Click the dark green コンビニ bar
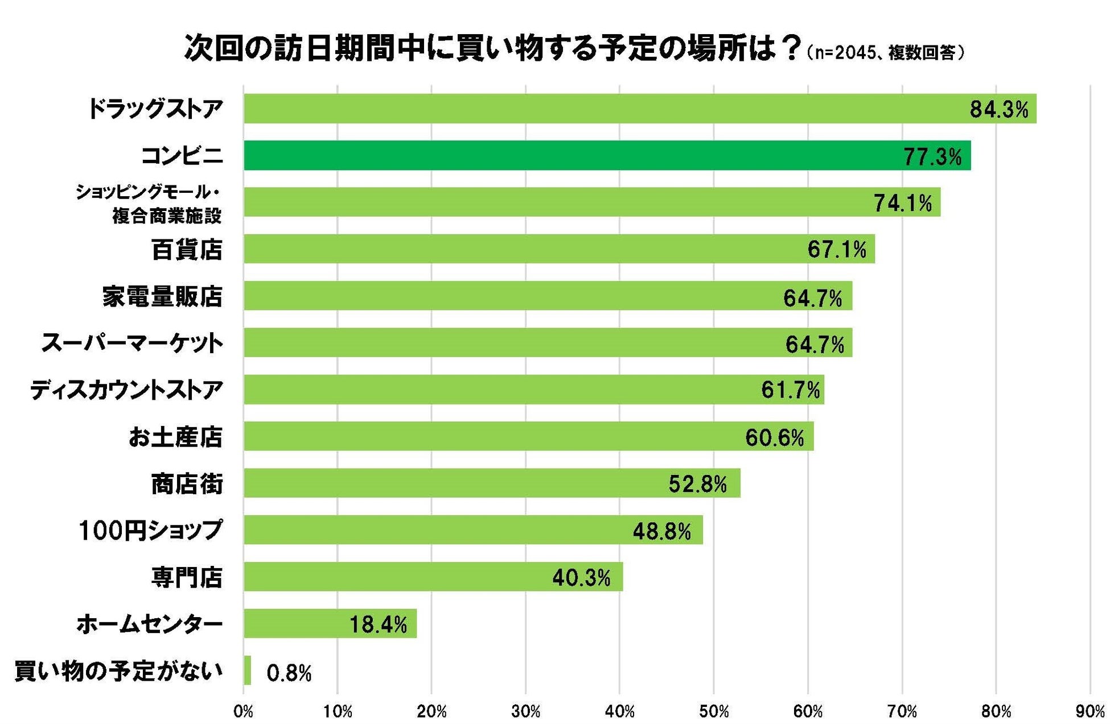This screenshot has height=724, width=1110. pos(607,155)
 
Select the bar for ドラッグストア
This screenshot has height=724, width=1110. pos(640,109)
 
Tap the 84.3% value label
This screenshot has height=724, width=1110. pos(998,109)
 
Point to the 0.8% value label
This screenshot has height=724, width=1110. pos(289,673)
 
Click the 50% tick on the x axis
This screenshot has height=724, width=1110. pos(714,711)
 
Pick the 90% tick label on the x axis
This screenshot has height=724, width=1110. pos(1090,711)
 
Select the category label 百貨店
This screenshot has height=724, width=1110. pos(187,250)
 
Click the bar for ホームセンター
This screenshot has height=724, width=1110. pos(330,623)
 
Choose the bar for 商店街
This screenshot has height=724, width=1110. pos(492,483)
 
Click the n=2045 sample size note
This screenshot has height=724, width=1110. pos(844,53)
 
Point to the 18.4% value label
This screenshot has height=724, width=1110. pos(378,625)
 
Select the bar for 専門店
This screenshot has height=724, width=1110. pos(433,577)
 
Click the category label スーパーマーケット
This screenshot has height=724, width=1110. pos(132,344)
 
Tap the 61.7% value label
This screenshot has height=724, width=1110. pos(790,390)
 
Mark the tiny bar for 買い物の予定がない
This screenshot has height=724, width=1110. pos(247,670)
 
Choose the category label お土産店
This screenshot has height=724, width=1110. pos(175,437)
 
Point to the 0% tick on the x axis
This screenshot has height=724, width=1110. pos(244,711)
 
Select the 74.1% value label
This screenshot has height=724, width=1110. pos(903,203)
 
